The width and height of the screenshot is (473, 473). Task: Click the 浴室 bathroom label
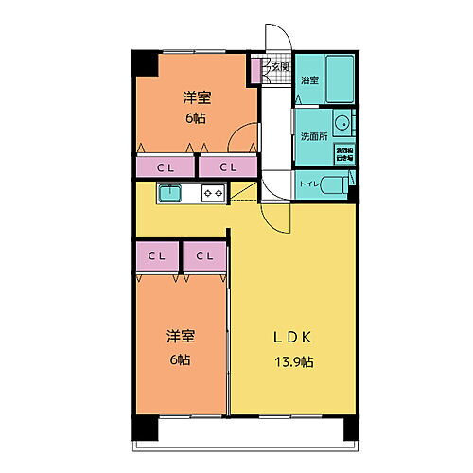pyautogui.click(x=308, y=81)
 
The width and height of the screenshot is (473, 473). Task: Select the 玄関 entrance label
pyautogui.click(x=280, y=66)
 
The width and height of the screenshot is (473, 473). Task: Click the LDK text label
pyautogui.click(x=293, y=339)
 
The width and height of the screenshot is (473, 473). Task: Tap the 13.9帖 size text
pyautogui.click(x=294, y=362)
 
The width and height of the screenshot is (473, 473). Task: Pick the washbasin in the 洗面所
pyautogui.click(x=343, y=124)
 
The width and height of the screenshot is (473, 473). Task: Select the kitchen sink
pyautogui.click(x=170, y=193)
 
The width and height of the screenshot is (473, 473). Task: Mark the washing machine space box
pyautogui.click(x=344, y=153)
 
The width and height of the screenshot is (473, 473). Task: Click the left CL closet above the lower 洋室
pyautogui.click(x=157, y=256)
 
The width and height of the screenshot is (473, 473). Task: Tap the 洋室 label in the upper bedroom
pyautogui.click(x=196, y=98)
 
